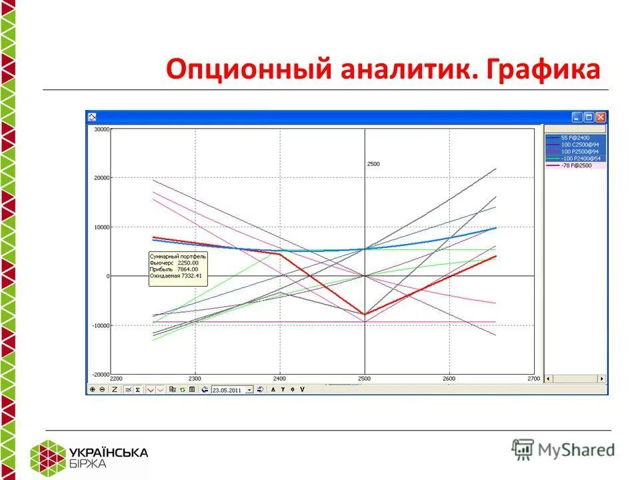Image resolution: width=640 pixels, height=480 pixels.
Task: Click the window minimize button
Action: (577, 117)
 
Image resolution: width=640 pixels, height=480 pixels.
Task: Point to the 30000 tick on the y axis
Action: (101, 129)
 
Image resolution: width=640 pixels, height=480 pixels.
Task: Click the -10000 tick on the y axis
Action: (100, 325)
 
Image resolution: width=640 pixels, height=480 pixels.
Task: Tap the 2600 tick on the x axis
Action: (449, 378)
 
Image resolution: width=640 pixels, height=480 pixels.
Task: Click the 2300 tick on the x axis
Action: (195, 378)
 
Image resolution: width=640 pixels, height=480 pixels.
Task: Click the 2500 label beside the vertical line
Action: (373, 163)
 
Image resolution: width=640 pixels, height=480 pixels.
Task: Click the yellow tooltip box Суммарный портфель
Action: (178, 269)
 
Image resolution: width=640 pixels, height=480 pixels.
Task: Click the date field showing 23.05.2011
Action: (229, 389)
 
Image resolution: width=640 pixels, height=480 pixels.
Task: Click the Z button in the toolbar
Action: (115, 389)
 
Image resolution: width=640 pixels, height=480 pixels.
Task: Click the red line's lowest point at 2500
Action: (365, 315)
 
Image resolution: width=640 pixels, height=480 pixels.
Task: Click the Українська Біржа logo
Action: (90, 457)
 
